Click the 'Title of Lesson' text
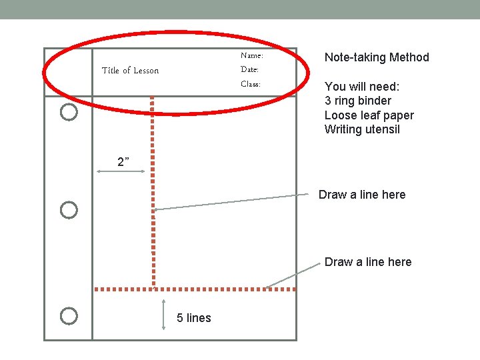pyautogui.click(x=130, y=71)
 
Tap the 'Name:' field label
pyautogui.click(x=251, y=56)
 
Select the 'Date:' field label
pyautogui.click(x=249, y=69)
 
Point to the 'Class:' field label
pyautogui.click(x=250, y=84)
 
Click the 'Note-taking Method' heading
pyautogui.click(x=377, y=57)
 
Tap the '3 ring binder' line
pyautogui.click(x=358, y=101)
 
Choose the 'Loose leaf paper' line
pyautogui.click(x=369, y=115)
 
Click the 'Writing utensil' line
pyautogui.click(x=362, y=129)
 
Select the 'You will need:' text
pyautogui.click(x=362, y=86)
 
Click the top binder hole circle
pyautogui.click(x=69, y=112)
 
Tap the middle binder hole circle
pyautogui.click(x=69, y=211)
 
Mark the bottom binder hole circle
pyautogui.click(x=69, y=316)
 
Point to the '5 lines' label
pyautogui.click(x=194, y=318)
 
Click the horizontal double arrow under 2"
pyautogui.click(x=121, y=172)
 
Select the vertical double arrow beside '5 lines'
pyautogui.click(x=163, y=315)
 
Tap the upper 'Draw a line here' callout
pyautogui.click(x=362, y=195)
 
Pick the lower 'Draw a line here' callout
pyautogui.click(x=368, y=262)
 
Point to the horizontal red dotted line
pyautogui.click(x=200, y=289)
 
